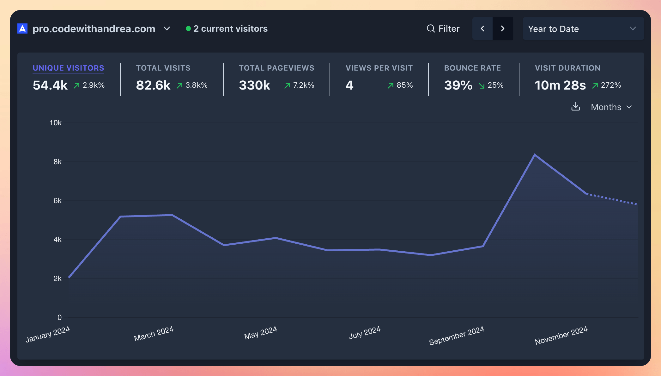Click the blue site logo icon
[x=22, y=28]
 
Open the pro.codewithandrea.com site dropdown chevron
[x=167, y=29]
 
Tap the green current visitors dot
[x=188, y=29]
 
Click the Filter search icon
[x=431, y=28]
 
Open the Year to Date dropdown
[x=583, y=29]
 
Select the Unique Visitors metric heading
[x=68, y=68]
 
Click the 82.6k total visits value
[x=153, y=85]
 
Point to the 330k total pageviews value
[x=254, y=85]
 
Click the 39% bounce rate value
[x=458, y=85]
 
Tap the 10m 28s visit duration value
[x=560, y=85]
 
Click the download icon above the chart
[x=576, y=107]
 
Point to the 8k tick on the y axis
[x=58, y=162]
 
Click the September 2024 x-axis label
[x=457, y=335]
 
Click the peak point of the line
[x=535, y=155]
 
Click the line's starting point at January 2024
[x=69, y=278]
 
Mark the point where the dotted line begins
[x=587, y=194]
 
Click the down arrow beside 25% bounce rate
[x=482, y=85]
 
